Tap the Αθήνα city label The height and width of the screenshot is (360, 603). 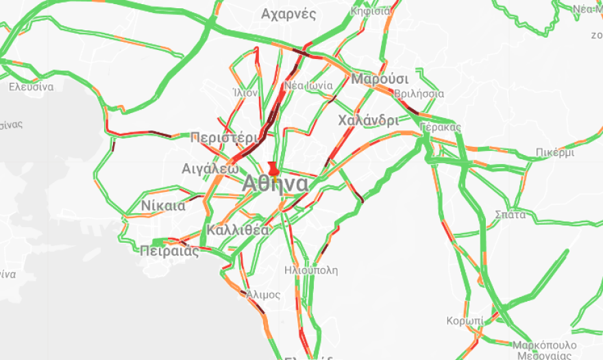(x=275, y=184)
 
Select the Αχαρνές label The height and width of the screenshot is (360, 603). (x=288, y=14)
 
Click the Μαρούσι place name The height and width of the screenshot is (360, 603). (x=380, y=78)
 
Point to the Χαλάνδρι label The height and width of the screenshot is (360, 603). (x=368, y=121)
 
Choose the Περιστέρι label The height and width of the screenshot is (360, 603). (x=225, y=136)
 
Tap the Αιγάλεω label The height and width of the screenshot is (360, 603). (x=210, y=168)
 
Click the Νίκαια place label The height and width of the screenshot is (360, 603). (x=163, y=206)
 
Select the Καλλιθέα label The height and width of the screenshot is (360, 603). (x=237, y=230)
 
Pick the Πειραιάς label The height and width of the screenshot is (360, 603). (x=169, y=251)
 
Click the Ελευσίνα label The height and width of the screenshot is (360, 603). (x=31, y=87)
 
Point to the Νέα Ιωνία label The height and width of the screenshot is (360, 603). (x=308, y=86)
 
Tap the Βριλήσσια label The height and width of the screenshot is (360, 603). (x=420, y=94)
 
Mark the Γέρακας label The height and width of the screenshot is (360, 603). (x=440, y=128)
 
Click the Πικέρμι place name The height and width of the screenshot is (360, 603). (x=555, y=153)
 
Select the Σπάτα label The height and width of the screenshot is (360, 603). (x=510, y=215)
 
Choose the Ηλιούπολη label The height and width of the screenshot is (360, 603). (x=311, y=270)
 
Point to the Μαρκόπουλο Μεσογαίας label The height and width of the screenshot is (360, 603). (x=545, y=350)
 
